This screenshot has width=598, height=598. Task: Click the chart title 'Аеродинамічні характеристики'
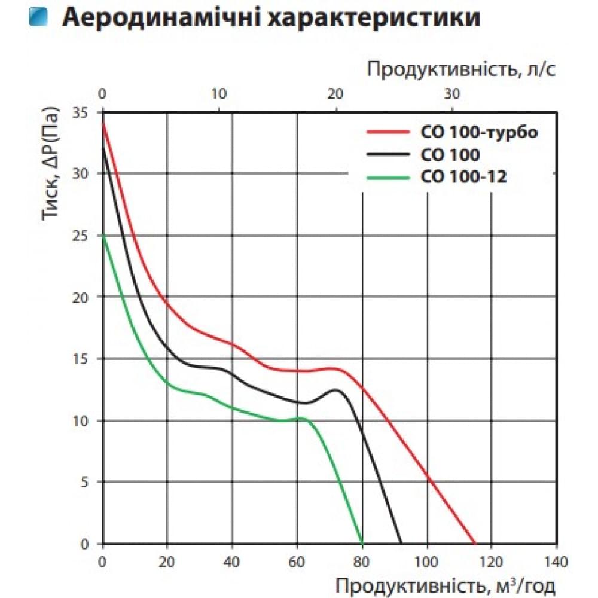pos(271,18)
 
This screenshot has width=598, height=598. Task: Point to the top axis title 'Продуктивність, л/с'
pos(462,69)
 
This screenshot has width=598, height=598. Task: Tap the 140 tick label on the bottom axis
pos(556,562)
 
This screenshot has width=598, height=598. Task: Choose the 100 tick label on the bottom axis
pos(427,562)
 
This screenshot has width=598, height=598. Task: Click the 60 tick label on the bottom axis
pos(297,562)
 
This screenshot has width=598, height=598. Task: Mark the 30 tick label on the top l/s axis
pos(452,94)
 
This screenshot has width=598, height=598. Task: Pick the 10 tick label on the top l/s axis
pos(219,94)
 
